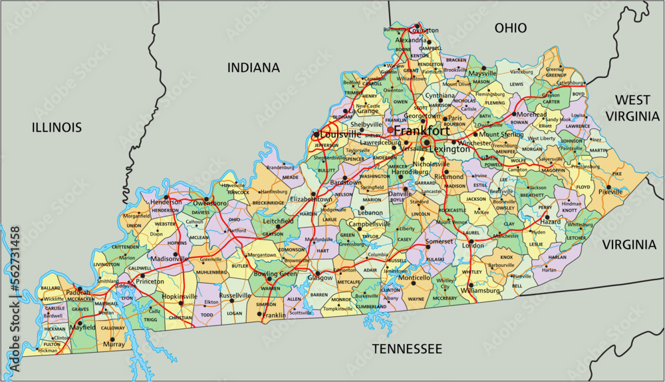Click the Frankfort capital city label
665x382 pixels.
coord(420,131)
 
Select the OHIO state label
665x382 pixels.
coord(511,28)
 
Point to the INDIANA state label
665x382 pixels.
coord(253,68)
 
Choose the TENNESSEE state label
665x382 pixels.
coord(407,349)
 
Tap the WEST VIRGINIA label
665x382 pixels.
coord(632,108)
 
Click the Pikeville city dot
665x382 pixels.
coord(608,187)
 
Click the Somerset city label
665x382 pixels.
coord(440,241)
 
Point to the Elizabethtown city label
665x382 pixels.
coord(311,199)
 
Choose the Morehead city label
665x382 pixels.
coord(532,114)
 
